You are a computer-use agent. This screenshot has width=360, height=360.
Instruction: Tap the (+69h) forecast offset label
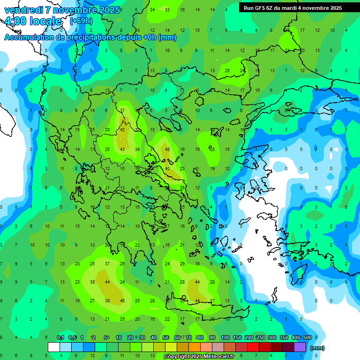tap(81, 21)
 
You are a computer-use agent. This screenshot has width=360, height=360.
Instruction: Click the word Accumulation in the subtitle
tap(29, 37)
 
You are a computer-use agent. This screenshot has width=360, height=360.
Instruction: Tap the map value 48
tap(167, 150)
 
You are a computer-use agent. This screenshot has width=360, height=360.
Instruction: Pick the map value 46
tap(123, 300)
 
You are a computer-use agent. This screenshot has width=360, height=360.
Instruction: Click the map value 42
tap(123, 130)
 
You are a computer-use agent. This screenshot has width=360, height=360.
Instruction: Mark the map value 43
tap(123, 150)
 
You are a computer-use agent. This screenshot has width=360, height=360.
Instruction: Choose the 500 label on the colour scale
tap(307, 337)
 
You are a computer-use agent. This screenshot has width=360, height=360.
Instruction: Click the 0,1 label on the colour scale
tap(60, 337)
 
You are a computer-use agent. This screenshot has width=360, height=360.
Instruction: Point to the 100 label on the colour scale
tap(225, 337)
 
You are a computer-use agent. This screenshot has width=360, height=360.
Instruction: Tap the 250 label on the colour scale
tap(261, 337)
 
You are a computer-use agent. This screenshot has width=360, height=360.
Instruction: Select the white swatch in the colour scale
tap(54, 347)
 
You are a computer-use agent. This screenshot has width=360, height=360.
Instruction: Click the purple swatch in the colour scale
tap(300, 347)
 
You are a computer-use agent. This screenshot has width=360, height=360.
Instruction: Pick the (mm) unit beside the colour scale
tap(318, 348)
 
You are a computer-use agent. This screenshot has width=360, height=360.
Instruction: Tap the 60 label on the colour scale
tap(177, 337)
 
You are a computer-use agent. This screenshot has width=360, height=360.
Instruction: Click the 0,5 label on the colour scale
tap(72, 337)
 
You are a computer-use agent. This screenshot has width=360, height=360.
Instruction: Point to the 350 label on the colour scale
tap(284, 337)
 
